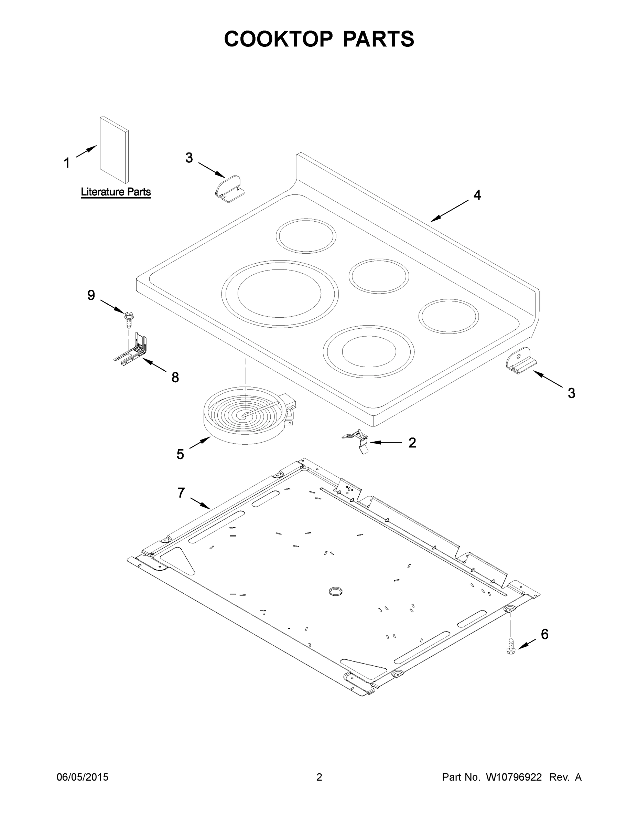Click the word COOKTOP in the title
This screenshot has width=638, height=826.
(x=279, y=39)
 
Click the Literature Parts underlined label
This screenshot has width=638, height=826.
(x=116, y=192)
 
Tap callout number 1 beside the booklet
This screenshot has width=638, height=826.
(x=66, y=163)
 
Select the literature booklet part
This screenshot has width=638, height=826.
(x=114, y=150)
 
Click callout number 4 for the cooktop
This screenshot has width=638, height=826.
(x=477, y=195)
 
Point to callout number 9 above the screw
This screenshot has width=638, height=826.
(x=91, y=295)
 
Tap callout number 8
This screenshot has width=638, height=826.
(x=175, y=377)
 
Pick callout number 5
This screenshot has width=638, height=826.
(x=180, y=454)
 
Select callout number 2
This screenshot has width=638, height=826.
(x=412, y=443)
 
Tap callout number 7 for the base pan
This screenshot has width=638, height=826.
(x=181, y=493)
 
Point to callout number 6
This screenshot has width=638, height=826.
(x=544, y=634)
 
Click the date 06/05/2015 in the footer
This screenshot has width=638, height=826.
(x=83, y=777)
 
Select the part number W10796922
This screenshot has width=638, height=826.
(x=513, y=777)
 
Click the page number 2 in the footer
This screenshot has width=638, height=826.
(x=319, y=777)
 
